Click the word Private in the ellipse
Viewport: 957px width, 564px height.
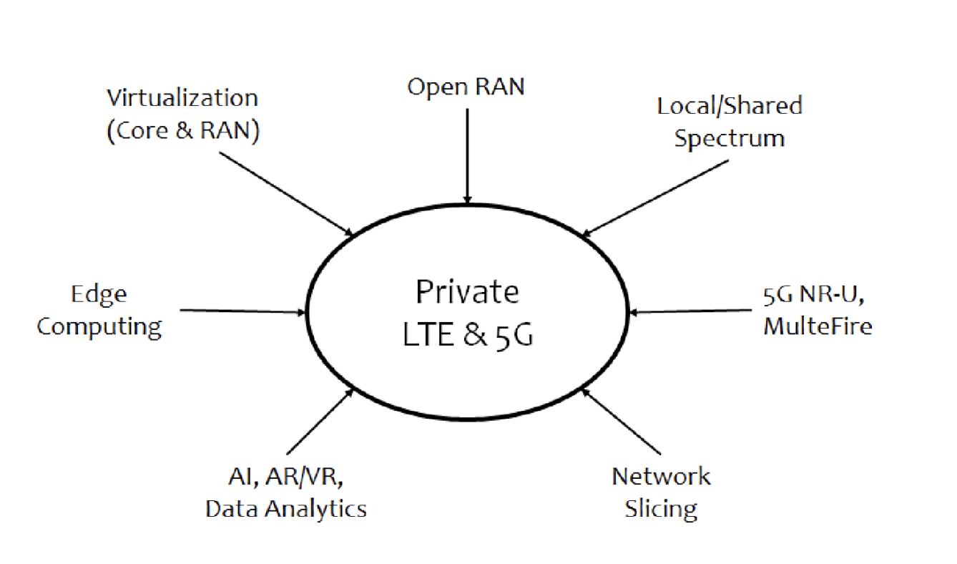tap(468, 293)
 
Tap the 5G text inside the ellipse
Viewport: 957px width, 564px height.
tap(514, 334)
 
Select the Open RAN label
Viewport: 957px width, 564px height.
tap(466, 87)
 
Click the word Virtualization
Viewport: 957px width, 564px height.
tap(182, 97)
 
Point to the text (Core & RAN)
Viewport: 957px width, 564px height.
tap(182, 132)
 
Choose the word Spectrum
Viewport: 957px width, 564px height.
tap(729, 138)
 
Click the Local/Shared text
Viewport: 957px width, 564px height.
tap(730, 105)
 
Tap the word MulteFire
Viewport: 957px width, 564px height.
tap(818, 326)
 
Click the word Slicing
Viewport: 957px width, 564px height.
tap(661, 509)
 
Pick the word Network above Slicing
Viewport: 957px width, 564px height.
tap(662, 476)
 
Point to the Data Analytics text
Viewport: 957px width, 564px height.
tap(286, 509)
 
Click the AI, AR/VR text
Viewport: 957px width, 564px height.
tap(286, 476)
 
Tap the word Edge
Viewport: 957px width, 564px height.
tap(99, 294)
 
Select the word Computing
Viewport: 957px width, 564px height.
tap(99, 326)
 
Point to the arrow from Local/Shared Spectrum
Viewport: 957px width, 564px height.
tap(654, 198)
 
